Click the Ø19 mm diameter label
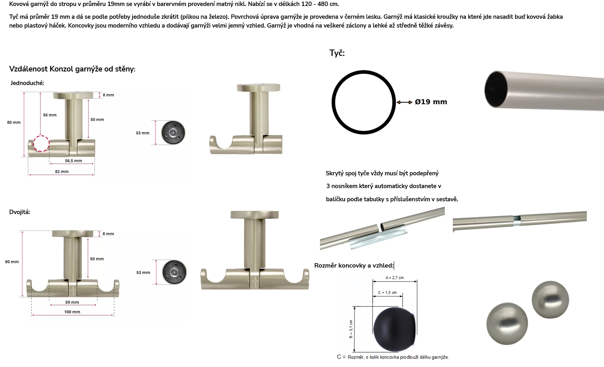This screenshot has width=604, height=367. pyautogui.click(x=431, y=102)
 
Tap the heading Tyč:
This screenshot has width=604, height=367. pyautogui.click(x=337, y=53)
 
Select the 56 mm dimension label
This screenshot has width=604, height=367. pyautogui.click(x=50, y=115)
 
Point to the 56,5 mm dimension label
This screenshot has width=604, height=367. pyautogui.click(x=73, y=161)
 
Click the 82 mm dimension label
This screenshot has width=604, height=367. pyautogui.click(x=62, y=171)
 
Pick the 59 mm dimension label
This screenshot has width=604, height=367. pyautogui.click(x=72, y=302)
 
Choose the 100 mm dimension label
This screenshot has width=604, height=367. pyautogui.click(x=72, y=311)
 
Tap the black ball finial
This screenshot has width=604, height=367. pyautogui.click(x=394, y=329)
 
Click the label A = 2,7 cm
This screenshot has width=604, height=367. pyautogui.click(x=395, y=278)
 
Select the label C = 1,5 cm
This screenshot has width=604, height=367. pyautogui.click(x=387, y=292)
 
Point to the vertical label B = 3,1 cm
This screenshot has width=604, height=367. pyautogui.click(x=351, y=329)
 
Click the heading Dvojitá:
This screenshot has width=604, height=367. pyautogui.click(x=20, y=212)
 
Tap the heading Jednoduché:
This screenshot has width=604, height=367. pyautogui.click(x=27, y=83)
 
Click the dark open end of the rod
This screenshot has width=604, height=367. pyautogui.click(x=495, y=89)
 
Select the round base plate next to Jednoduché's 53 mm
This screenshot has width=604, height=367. pyautogui.click(x=173, y=133)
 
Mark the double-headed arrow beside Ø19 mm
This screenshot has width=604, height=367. pyautogui.click(x=404, y=102)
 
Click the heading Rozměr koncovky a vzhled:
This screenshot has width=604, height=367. pyautogui.click(x=354, y=266)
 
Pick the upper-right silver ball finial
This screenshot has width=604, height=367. pyautogui.click(x=550, y=300)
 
